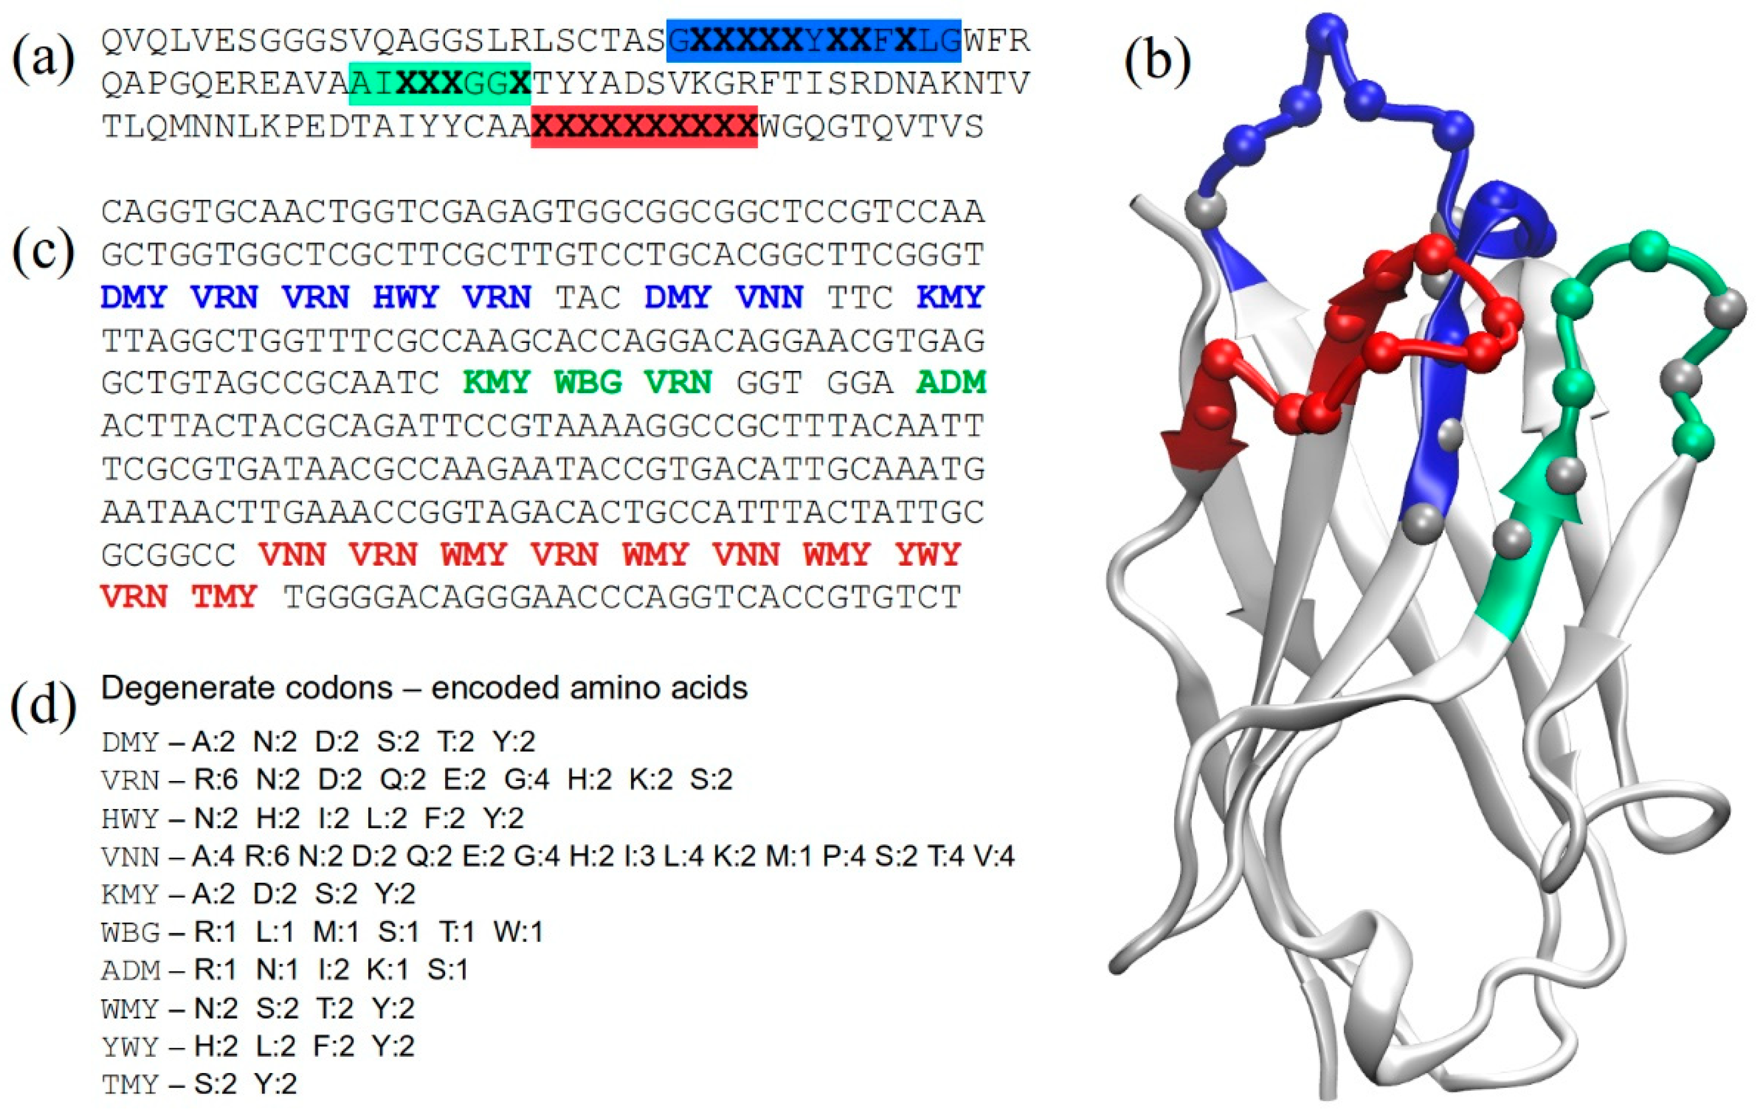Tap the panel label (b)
pyautogui.click(x=1157, y=60)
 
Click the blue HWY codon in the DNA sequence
pyautogui.click(x=406, y=297)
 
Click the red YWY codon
pyautogui.click(x=927, y=555)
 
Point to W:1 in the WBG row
pyautogui.click(x=518, y=931)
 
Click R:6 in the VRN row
pyautogui.click(x=216, y=779)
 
